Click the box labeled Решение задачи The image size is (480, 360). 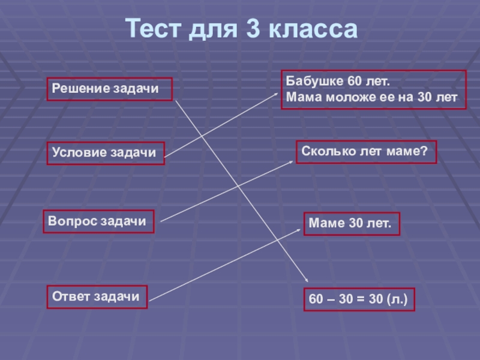[x=109, y=89]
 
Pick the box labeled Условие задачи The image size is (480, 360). [x=105, y=152]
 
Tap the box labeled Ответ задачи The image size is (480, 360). [x=96, y=296]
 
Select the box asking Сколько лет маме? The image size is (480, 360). [x=365, y=152]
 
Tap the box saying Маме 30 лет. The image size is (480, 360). [x=351, y=224]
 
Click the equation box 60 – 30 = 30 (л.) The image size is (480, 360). [x=358, y=299]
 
